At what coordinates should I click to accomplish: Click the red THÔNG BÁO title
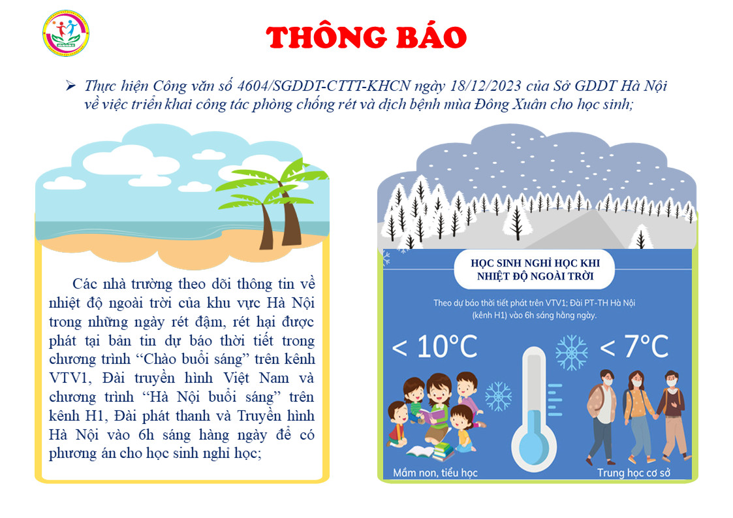pyautogui.click(x=366, y=37)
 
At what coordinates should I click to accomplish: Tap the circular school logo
pyautogui.click(x=65, y=33)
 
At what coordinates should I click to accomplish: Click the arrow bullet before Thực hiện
pyautogui.click(x=70, y=86)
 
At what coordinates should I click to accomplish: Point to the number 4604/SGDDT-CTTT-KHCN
pyautogui.click(x=324, y=86)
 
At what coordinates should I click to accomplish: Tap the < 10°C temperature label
pyautogui.click(x=435, y=347)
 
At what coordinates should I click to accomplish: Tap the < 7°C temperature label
pyautogui.click(x=634, y=347)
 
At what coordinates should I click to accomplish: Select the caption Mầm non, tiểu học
pyautogui.click(x=435, y=473)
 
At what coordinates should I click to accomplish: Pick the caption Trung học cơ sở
pyautogui.click(x=633, y=473)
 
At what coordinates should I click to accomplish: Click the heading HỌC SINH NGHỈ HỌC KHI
pyautogui.click(x=535, y=263)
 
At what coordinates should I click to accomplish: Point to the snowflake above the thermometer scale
pyautogui.click(x=572, y=352)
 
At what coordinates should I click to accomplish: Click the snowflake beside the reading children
pyautogui.click(x=499, y=397)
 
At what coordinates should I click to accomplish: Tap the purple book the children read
pyautogui.click(x=433, y=415)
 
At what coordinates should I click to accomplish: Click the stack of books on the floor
pyautogui.click(x=443, y=451)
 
